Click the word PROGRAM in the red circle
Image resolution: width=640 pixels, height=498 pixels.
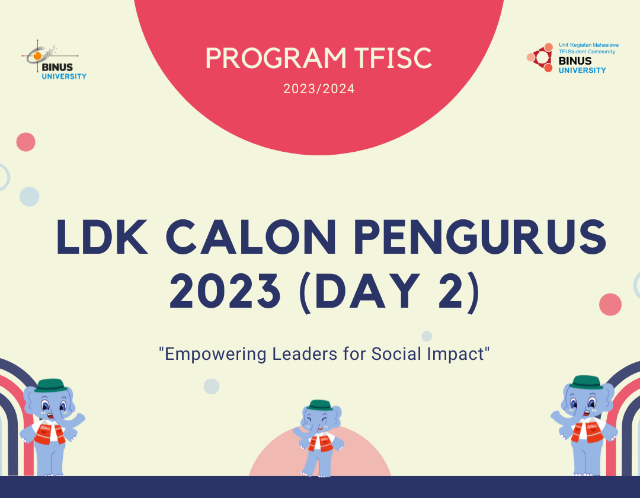(275, 58)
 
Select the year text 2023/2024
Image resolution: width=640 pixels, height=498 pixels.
(319, 90)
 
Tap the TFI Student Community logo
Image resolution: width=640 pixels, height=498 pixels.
(567, 58)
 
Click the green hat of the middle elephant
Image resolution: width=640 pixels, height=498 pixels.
(320, 404)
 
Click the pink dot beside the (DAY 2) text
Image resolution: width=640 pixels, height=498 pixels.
(610, 305)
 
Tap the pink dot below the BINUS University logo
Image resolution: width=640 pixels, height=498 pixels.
(26, 142)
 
